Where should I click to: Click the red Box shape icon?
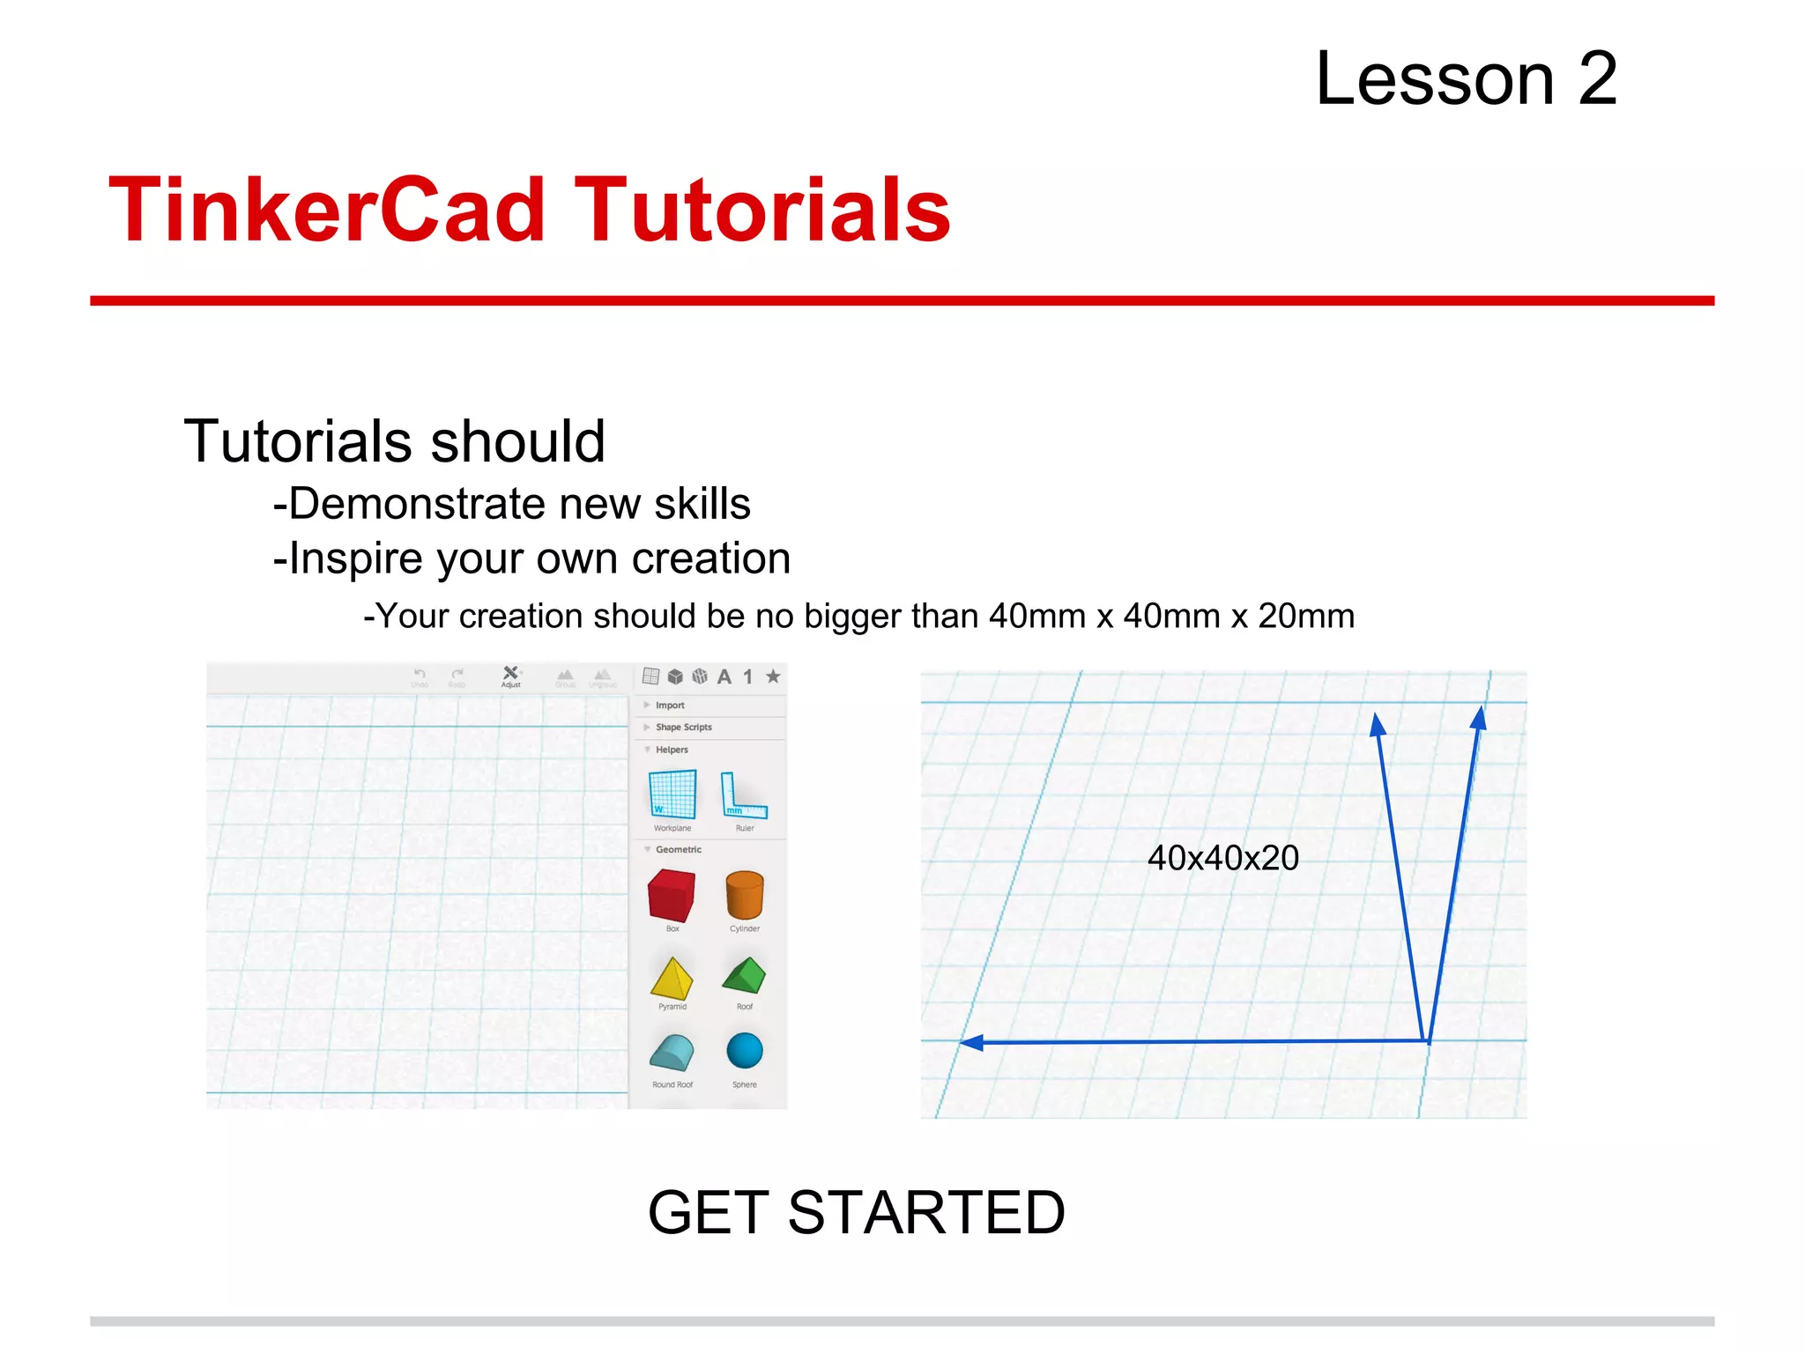pos(672,895)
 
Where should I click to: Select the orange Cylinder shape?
pos(744,895)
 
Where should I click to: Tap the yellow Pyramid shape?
pos(672,978)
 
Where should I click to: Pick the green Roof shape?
pos(744,975)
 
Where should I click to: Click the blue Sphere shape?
pos(745,1051)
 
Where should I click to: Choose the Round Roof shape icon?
pos(672,1053)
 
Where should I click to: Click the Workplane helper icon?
pos(672,795)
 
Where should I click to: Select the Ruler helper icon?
pos(743,795)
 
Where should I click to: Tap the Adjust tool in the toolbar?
pos(510,676)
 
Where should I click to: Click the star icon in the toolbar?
pos(773,676)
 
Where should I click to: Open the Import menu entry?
pos(670,706)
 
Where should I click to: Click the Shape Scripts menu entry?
pos(683,728)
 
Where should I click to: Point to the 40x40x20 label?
pos(1222,858)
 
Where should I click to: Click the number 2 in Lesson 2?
pos(1597,79)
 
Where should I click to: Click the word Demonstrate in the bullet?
pos(416,504)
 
